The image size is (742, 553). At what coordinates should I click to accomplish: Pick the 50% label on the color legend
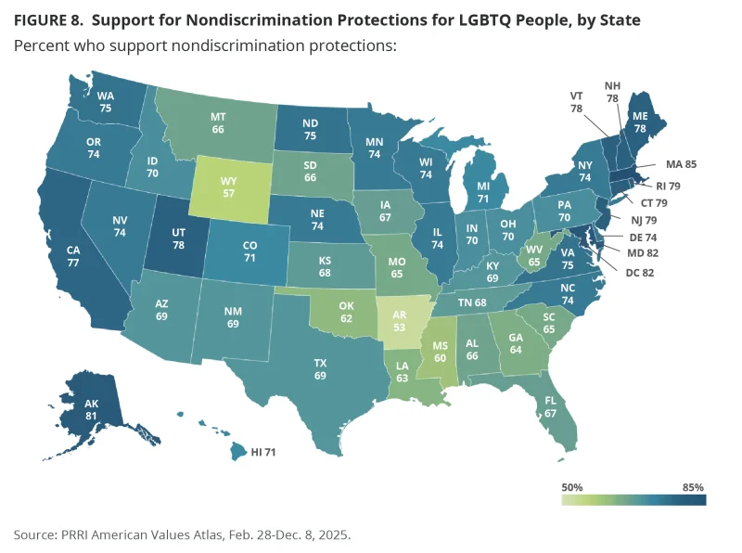[572, 487]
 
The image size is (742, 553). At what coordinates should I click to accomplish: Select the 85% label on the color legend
[693, 487]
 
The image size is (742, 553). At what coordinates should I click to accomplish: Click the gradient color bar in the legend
[633, 500]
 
